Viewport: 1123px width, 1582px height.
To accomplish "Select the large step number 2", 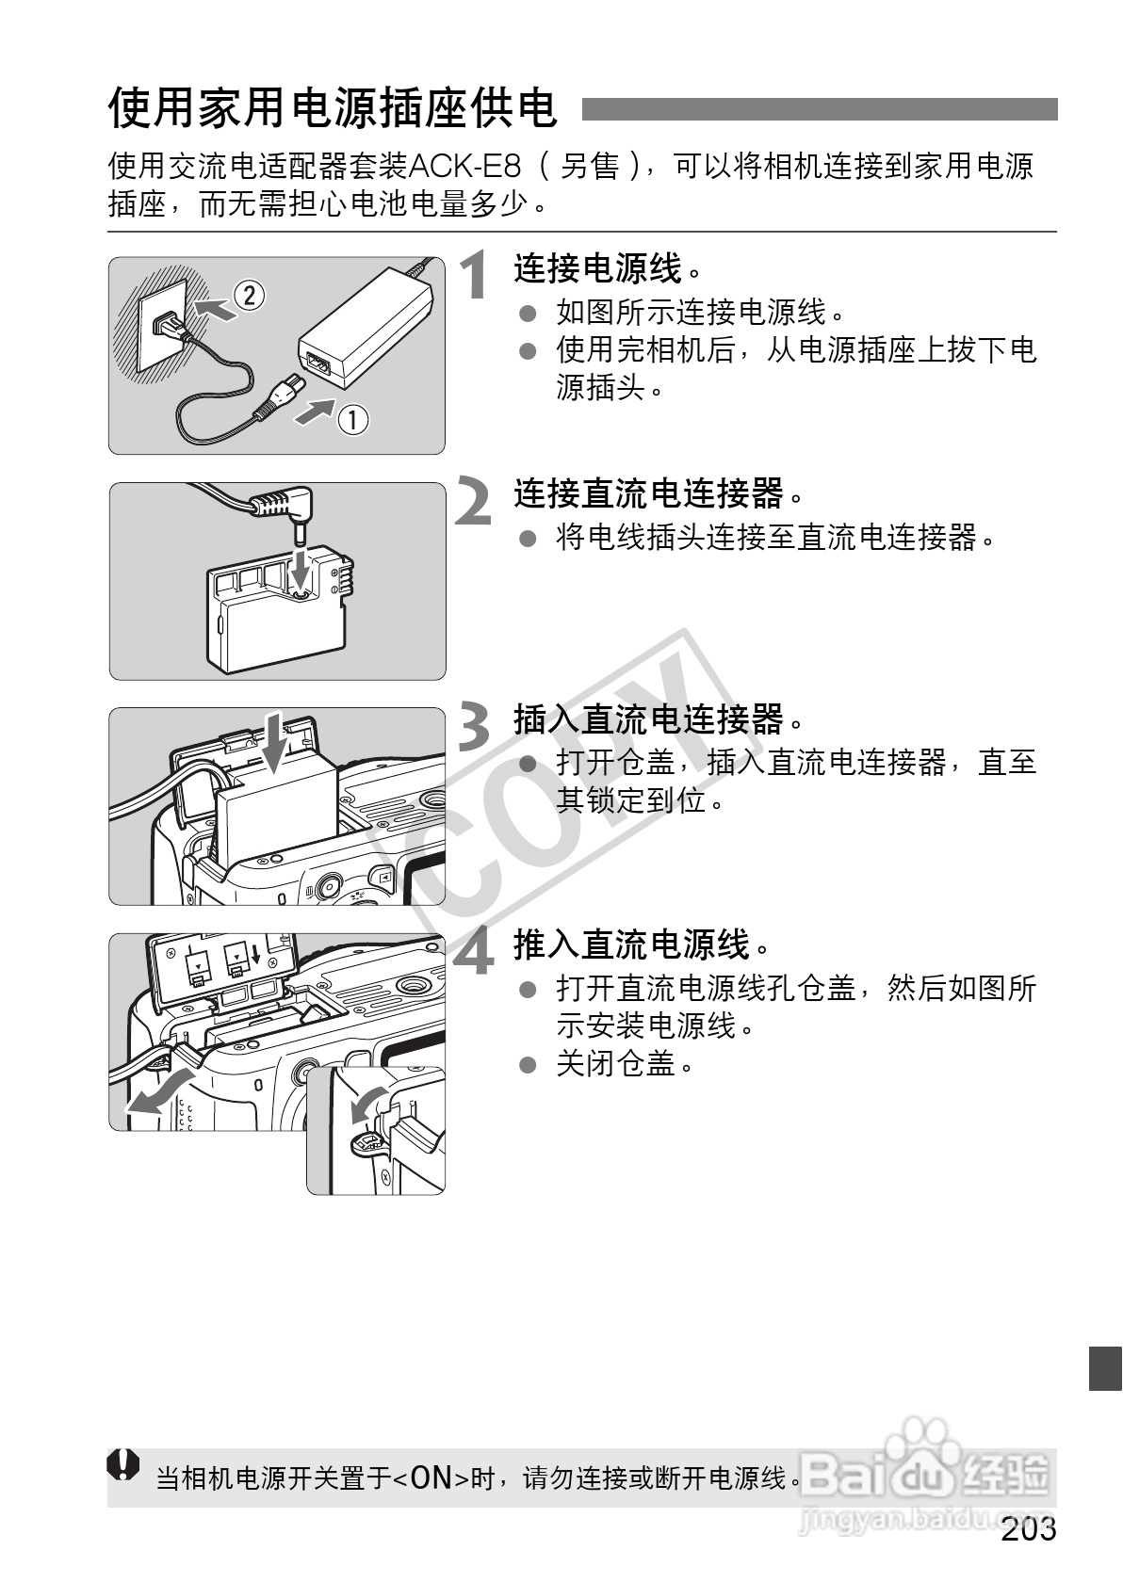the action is tap(474, 502).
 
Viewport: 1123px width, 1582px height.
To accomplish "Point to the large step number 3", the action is tap(475, 727).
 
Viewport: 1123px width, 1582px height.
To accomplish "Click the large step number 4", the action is tap(474, 952).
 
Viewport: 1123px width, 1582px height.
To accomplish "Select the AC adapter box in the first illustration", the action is tap(364, 325).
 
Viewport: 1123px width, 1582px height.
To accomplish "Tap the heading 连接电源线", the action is tap(597, 268).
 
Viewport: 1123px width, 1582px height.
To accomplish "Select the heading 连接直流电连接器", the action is tap(649, 492).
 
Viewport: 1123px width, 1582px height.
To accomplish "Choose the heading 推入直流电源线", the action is tap(631, 944).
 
